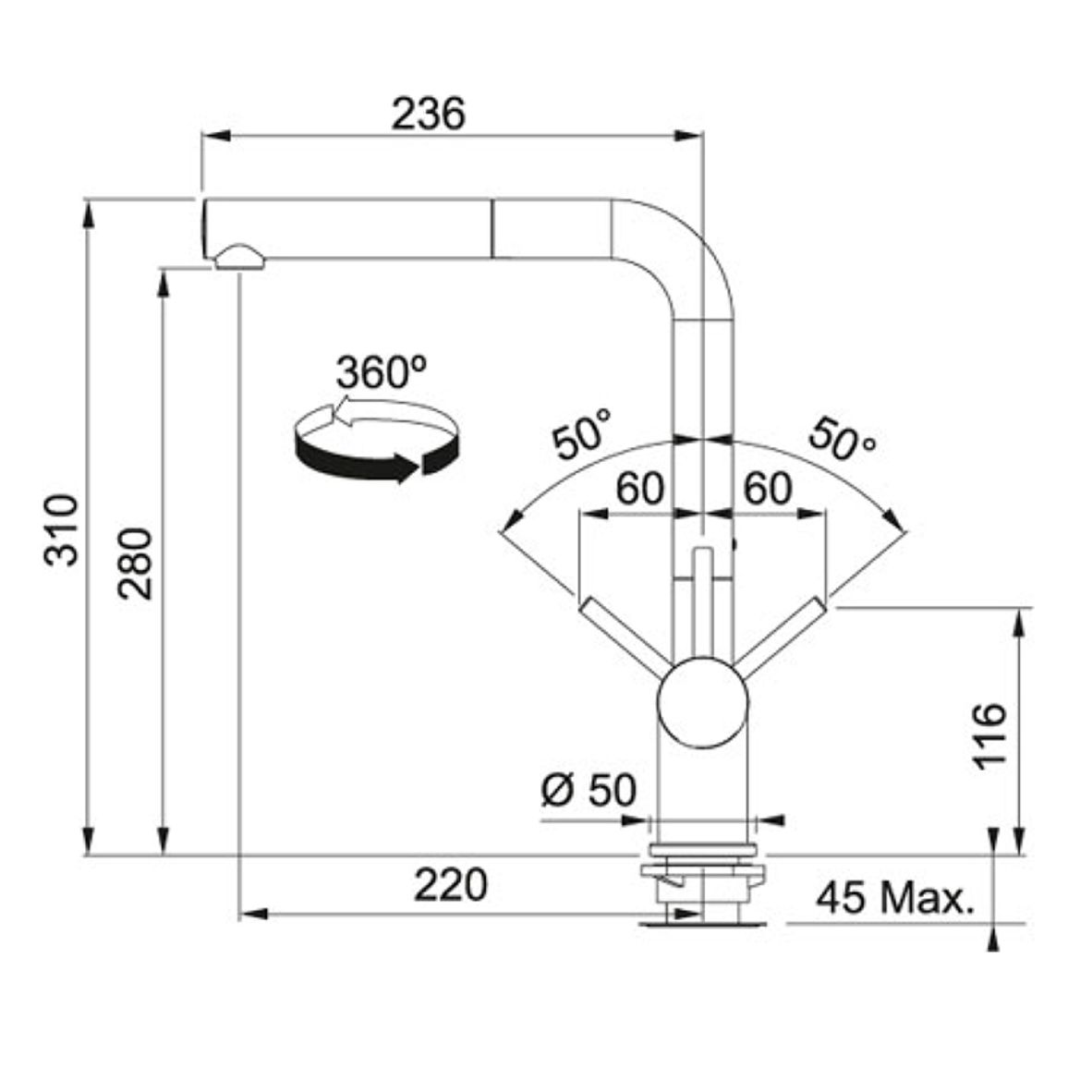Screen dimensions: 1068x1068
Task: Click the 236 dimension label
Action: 429,114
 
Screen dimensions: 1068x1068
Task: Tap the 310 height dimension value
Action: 61,530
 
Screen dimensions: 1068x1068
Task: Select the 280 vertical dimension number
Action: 134,564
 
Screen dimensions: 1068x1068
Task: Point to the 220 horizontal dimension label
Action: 451,885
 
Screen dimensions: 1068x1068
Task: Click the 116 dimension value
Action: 989,736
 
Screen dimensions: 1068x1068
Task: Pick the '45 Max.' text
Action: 895,898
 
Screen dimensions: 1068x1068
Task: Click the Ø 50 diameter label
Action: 589,790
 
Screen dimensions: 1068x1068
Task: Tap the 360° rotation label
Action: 382,372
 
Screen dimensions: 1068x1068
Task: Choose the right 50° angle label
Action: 842,437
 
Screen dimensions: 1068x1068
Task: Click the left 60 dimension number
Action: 639,489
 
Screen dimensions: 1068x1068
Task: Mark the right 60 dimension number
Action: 768,489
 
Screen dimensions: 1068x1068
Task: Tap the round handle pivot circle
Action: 702,702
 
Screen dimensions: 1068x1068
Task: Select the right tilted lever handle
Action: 782,637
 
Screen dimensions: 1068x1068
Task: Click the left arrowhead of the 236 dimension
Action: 215,136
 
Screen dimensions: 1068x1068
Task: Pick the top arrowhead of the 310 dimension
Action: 87,213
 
